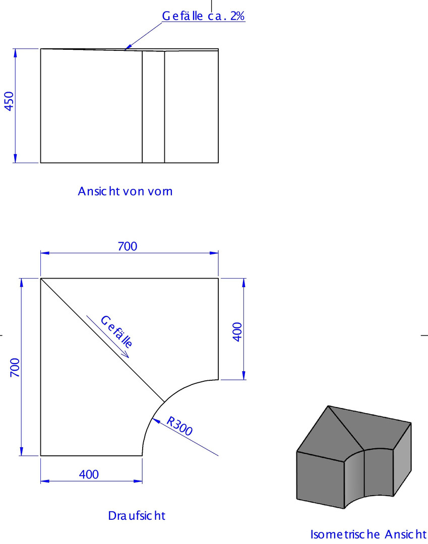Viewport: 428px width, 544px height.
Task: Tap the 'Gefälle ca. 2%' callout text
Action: click(203, 16)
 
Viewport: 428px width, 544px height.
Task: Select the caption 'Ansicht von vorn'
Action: click(125, 191)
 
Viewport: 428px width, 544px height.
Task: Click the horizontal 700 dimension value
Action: click(128, 246)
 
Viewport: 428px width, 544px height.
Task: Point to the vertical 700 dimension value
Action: click(15, 367)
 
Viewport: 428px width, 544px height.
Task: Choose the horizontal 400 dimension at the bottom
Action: click(89, 474)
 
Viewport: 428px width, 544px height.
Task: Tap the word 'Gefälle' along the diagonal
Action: click(116, 332)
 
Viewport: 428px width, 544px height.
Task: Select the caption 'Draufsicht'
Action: click(137, 516)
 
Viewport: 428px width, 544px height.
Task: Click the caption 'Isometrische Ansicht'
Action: click(368, 534)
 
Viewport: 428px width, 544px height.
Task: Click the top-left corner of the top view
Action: click(41, 278)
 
